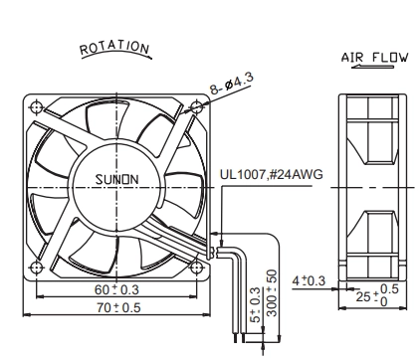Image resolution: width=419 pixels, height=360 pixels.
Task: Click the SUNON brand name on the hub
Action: coord(117,179)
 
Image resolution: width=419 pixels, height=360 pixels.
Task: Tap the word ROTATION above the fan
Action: coord(114,48)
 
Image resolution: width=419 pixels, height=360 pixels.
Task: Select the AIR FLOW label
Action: coord(374,58)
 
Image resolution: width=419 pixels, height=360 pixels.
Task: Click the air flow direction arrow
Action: coord(372,67)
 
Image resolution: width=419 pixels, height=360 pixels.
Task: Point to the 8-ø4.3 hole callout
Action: coord(232,84)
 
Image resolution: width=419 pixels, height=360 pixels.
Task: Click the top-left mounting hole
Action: coord(36,107)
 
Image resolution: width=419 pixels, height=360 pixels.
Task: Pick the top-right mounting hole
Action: coord(196,107)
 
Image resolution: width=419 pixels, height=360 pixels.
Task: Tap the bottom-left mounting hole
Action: coord(36,268)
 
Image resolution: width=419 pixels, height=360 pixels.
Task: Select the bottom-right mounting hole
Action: coord(196,268)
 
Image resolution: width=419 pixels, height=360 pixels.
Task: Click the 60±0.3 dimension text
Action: coord(116,289)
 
